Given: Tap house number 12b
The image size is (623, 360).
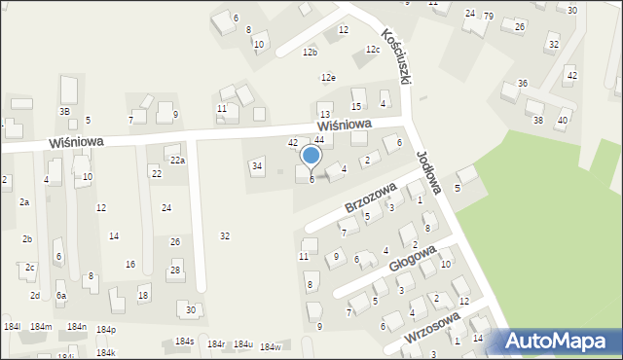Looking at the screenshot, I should (x=310, y=52).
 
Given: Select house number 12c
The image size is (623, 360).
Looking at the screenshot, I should (x=372, y=49).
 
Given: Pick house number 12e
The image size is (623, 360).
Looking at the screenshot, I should (x=329, y=78).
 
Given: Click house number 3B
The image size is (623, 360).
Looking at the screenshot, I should (x=65, y=111).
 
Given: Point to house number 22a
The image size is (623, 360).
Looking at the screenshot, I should (x=176, y=160).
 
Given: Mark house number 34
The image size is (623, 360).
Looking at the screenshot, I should (x=257, y=166).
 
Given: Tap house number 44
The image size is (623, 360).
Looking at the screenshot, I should (x=318, y=140).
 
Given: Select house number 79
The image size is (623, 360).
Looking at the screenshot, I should (x=489, y=16).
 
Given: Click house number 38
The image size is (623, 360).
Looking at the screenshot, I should (x=537, y=120).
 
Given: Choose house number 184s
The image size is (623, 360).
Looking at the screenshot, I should (x=185, y=342).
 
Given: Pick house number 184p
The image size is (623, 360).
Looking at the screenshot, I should (x=105, y=330).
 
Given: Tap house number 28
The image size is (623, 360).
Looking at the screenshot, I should (x=175, y=270).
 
